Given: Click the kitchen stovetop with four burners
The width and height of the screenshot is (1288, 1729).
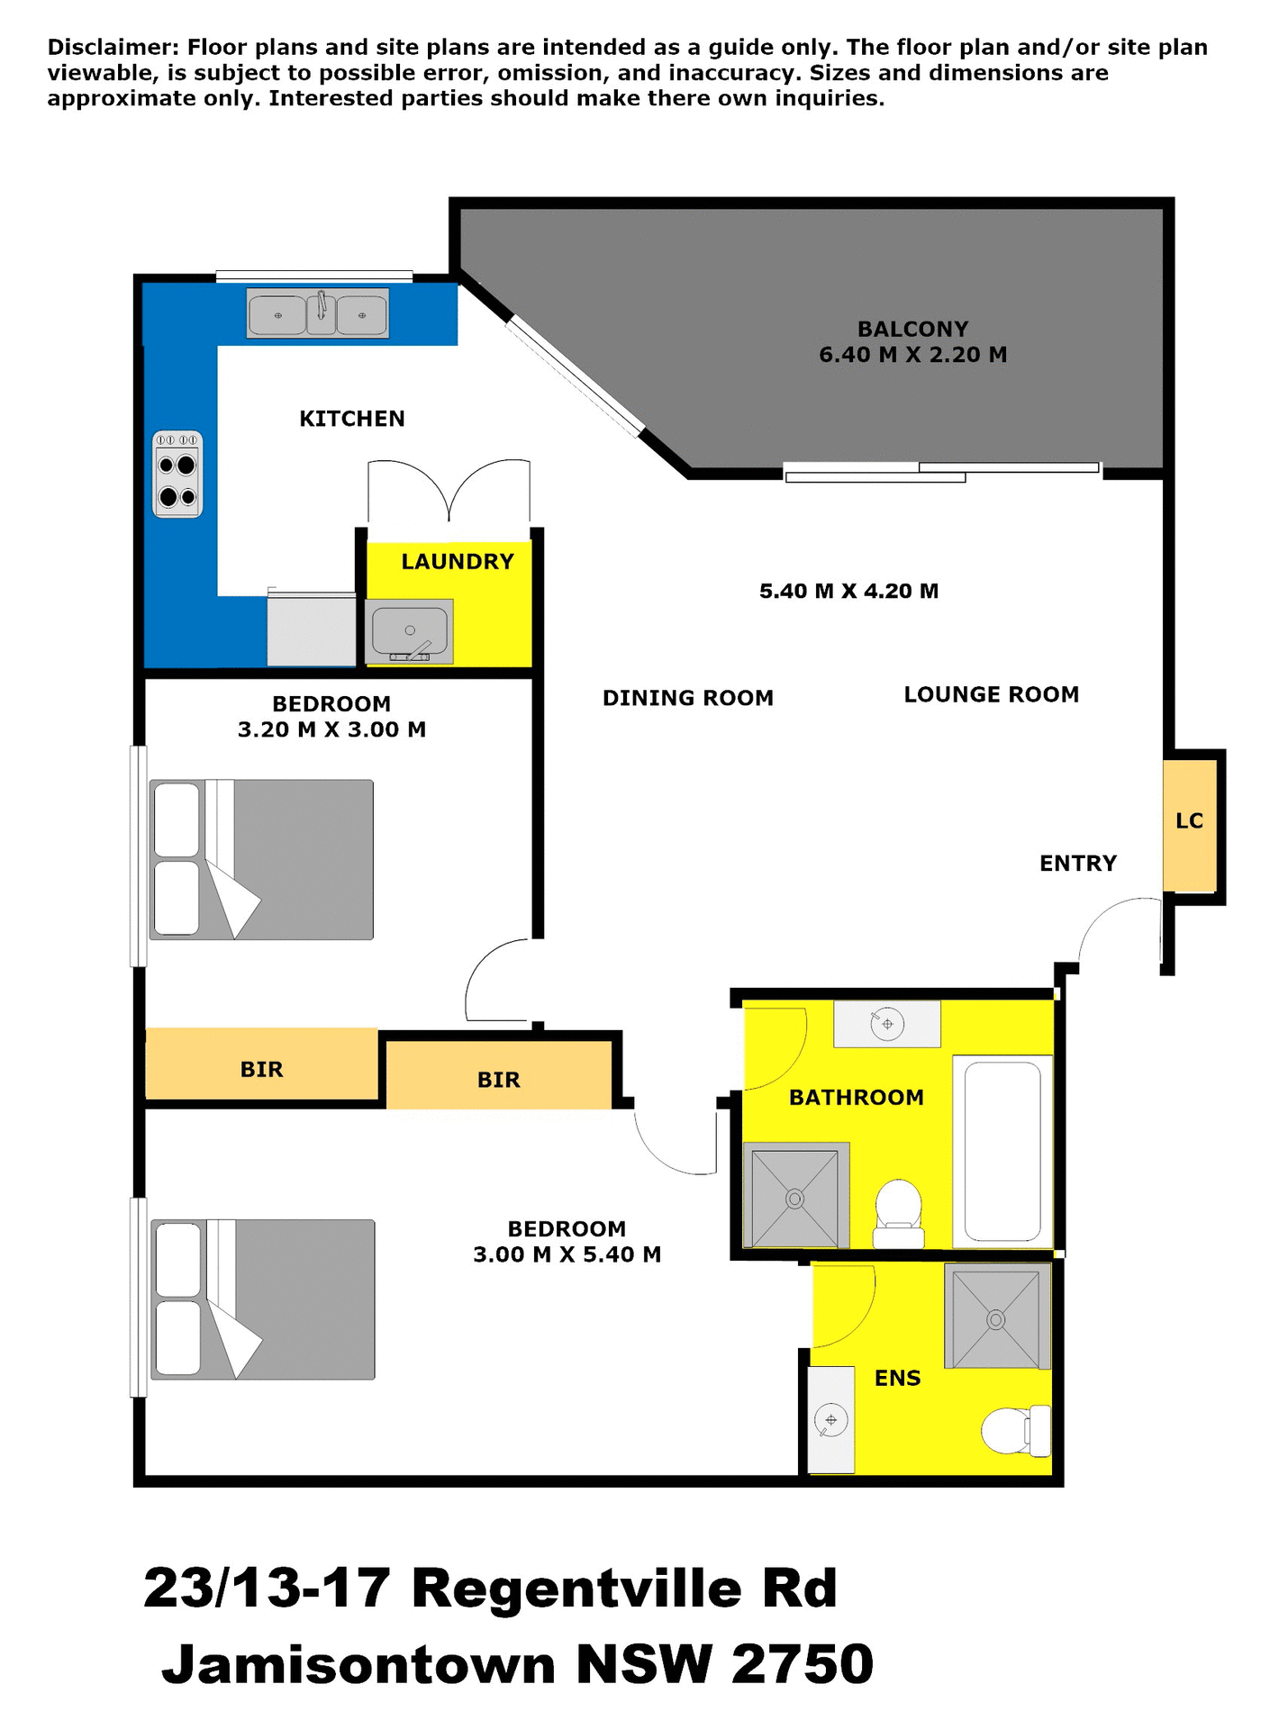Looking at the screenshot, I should pyautogui.click(x=177, y=474).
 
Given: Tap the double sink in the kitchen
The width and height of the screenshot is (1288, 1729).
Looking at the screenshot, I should pyautogui.click(x=318, y=313).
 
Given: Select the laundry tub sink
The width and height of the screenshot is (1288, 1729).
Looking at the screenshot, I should pyautogui.click(x=410, y=630).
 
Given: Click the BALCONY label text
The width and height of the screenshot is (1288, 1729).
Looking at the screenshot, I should pyautogui.click(x=912, y=329).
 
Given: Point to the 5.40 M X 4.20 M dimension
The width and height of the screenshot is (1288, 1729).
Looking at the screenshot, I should pyautogui.click(x=848, y=591).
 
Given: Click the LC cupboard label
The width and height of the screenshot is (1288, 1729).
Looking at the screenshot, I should pyautogui.click(x=1189, y=820).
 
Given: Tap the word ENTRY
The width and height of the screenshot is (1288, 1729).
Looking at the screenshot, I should pyautogui.click(x=1077, y=864).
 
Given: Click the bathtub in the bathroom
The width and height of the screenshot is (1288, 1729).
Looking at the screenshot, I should pyautogui.click(x=1002, y=1151).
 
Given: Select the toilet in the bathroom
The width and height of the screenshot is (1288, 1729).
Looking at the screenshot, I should pyautogui.click(x=899, y=1213).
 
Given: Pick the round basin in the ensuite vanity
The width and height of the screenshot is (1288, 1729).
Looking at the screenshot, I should pyautogui.click(x=830, y=1420).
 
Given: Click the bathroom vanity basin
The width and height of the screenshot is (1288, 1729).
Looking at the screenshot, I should pyautogui.click(x=887, y=1024).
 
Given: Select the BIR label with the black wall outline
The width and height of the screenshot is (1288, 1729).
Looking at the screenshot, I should pyautogui.click(x=498, y=1080).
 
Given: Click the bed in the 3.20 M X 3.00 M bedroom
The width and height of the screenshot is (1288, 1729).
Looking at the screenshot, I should pyautogui.click(x=261, y=860).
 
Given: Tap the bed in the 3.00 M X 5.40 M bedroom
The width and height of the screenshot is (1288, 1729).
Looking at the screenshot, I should pyautogui.click(x=262, y=1299).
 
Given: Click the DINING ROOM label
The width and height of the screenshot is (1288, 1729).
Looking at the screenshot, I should pyautogui.click(x=687, y=698).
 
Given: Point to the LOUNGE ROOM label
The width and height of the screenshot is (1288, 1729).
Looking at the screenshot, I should pyautogui.click(x=991, y=694).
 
